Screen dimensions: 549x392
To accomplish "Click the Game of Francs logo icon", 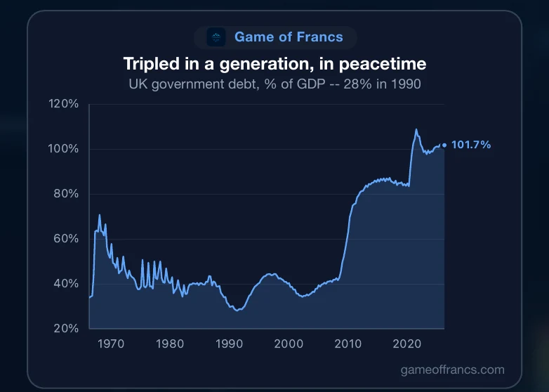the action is pyautogui.click(x=216, y=37).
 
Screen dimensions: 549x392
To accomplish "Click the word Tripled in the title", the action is pyautogui.click(x=151, y=64).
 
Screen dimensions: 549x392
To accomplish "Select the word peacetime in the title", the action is pyautogui.click(x=383, y=64).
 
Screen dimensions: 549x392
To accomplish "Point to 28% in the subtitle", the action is pyautogui.click(x=357, y=84).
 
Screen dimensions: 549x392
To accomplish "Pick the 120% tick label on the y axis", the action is pyautogui.click(x=63, y=104).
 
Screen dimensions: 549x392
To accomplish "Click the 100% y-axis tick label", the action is pyautogui.click(x=63, y=148).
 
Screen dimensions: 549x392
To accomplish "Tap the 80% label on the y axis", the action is pyautogui.click(x=66, y=193).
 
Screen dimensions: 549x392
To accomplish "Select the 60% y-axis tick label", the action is pyautogui.click(x=66, y=239).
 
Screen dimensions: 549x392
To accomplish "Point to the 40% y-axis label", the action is pyautogui.click(x=66, y=283).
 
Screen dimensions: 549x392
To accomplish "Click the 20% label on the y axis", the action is pyautogui.click(x=66, y=328).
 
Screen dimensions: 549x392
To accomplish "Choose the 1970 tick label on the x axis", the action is pyautogui.click(x=111, y=344).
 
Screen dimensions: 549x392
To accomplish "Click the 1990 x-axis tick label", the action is pyautogui.click(x=230, y=344).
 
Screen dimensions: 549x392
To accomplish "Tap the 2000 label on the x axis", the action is pyautogui.click(x=289, y=344).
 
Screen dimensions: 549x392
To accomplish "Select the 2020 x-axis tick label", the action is pyautogui.click(x=407, y=344).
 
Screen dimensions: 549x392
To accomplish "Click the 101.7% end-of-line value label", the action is pyautogui.click(x=471, y=145).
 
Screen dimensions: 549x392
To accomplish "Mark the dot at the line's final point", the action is pyautogui.click(x=444, y=145).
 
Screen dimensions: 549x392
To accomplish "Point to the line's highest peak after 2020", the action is pyautogui.click(x=416, y=129).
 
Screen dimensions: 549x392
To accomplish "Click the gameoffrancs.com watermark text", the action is pyautogui.click(x=452, y=370).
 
